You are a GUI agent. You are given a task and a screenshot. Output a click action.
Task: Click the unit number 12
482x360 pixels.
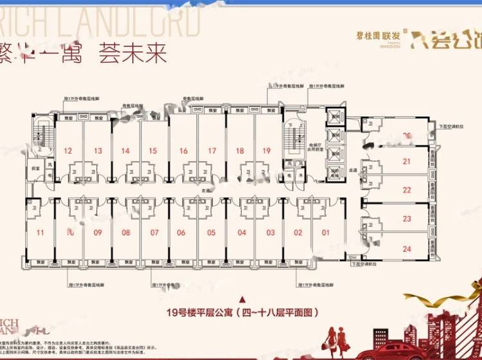tap(67, 151)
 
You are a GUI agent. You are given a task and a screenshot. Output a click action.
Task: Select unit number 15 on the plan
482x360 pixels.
tap(152, 151)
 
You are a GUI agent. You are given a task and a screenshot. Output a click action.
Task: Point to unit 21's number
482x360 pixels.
tap(406, 161)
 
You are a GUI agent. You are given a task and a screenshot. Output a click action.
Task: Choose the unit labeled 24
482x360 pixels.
tap(406, 248)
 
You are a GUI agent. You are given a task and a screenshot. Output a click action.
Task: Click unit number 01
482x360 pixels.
tap(325, 233)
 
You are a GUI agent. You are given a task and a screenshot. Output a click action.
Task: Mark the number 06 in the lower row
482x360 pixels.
tap(182, 233)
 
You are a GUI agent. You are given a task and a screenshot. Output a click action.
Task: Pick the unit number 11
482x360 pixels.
tap(40, 233)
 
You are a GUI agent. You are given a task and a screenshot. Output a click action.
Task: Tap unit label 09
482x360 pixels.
tap(98, 233)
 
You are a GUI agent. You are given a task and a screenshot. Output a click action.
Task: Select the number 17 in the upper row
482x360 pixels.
tap(211, 151)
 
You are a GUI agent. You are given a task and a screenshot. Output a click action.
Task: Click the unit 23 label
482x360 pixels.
tap(406, 219)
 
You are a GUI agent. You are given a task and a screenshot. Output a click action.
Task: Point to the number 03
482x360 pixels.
tap(271, 233)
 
